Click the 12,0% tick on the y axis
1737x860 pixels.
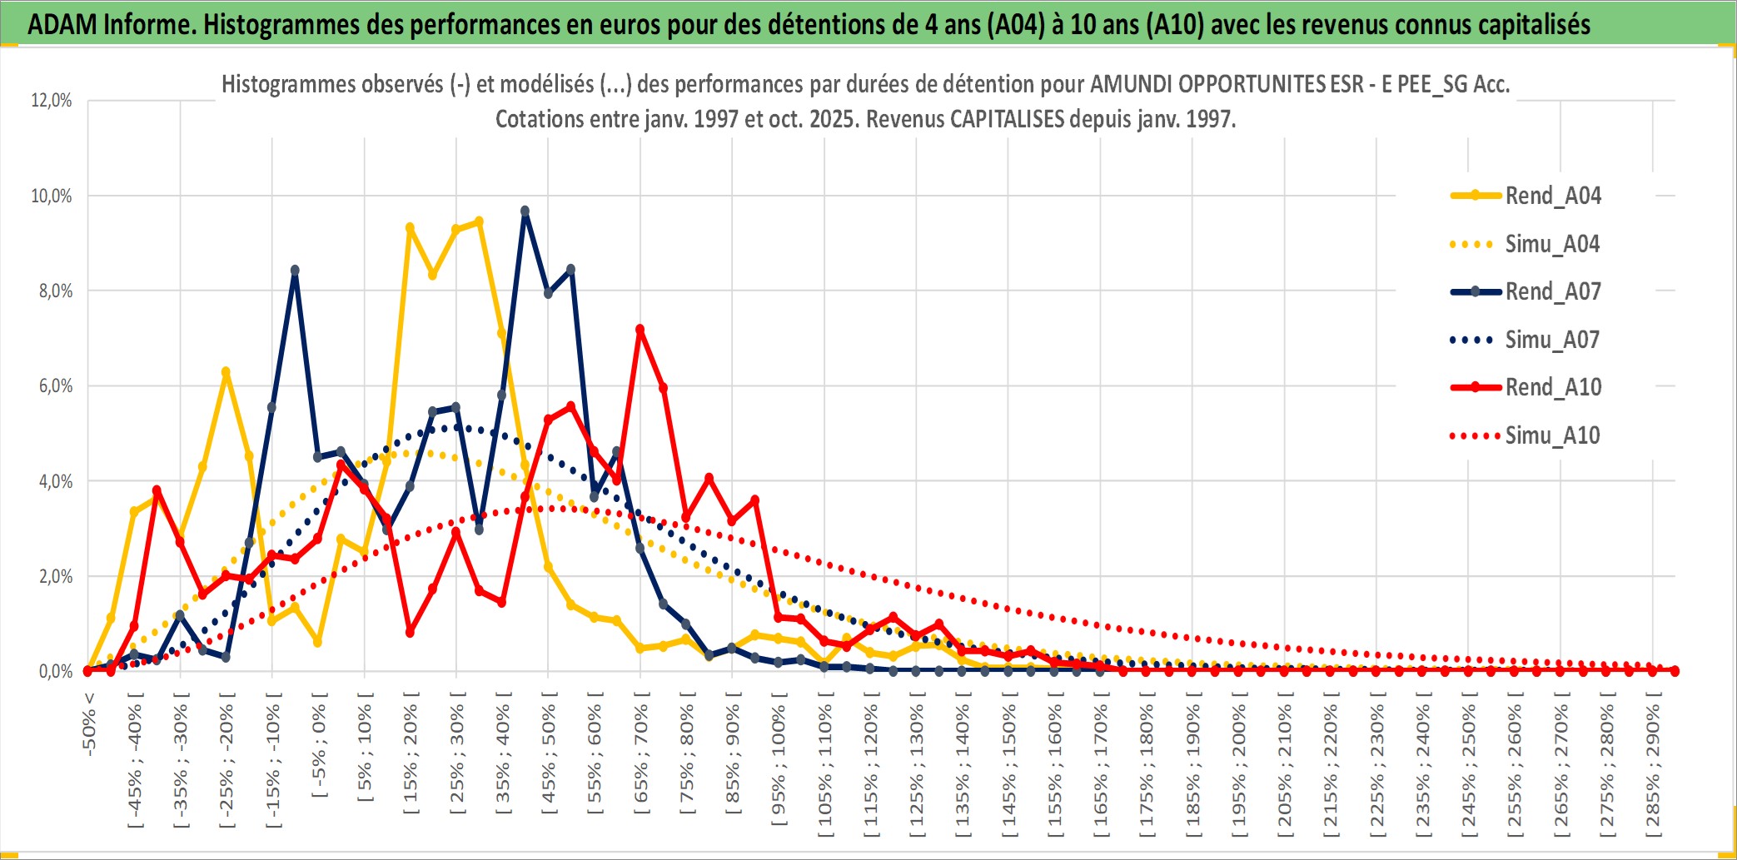52,101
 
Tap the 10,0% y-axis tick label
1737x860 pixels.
52,196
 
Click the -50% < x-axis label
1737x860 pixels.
89,724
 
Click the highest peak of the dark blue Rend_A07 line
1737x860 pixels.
525,211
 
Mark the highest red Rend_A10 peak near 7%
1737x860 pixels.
640,330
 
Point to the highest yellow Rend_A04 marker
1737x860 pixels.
479,221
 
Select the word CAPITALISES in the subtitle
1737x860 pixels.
1007,119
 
